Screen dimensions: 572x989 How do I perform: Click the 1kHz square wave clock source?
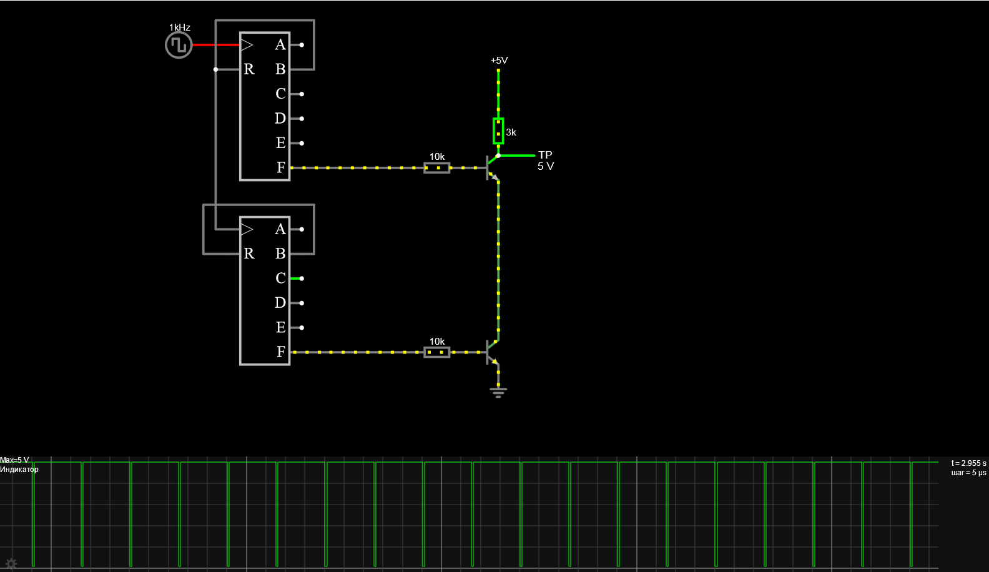coord(179,46)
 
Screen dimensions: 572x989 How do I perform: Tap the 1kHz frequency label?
coord(180,27)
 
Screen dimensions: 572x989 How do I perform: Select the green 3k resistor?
coord(498,131)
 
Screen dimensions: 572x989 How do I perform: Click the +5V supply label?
coord(499,61)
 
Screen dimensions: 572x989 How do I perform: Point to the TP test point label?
coord(545,155)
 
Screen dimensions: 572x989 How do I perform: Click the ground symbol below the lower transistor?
coord(498,392)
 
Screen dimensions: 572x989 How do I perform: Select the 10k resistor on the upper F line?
coord(437,167)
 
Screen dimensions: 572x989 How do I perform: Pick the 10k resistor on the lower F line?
coord(437,352)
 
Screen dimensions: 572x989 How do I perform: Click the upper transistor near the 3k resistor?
coord(492,167)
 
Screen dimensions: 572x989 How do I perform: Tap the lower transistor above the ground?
coord(492,352)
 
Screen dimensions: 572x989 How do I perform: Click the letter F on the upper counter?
coord(281,167)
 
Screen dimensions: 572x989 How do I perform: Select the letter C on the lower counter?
coord(281,278)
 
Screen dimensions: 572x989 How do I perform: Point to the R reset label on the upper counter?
coord(249,69)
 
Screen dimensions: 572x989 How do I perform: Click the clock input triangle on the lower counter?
coord(247,229)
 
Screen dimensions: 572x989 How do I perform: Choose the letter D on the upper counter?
coord(280,119)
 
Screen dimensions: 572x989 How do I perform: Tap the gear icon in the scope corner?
coord(11,564)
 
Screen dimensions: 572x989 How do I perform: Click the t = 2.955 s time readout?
coord(968,463)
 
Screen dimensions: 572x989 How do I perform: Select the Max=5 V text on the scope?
coord(14,460)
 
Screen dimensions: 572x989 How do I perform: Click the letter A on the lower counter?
coord(280,229)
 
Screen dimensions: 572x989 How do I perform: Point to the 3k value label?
coord(511,132)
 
